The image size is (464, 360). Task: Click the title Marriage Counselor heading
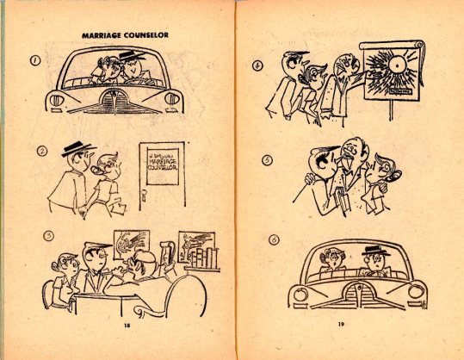125,35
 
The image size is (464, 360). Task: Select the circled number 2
41,152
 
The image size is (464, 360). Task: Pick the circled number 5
268,159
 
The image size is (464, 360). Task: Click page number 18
126,326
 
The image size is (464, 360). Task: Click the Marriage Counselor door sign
159,161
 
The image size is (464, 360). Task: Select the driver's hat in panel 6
373,251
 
